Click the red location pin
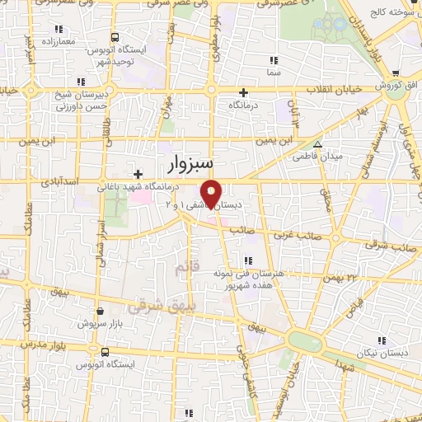tap(212, 193)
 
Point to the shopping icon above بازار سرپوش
tap(101, 312)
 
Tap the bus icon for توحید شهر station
tap(114, 37)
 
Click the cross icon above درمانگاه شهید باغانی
tap(138, 173)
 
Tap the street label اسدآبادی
tap(59, 179)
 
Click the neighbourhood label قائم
tap(183, 269)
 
